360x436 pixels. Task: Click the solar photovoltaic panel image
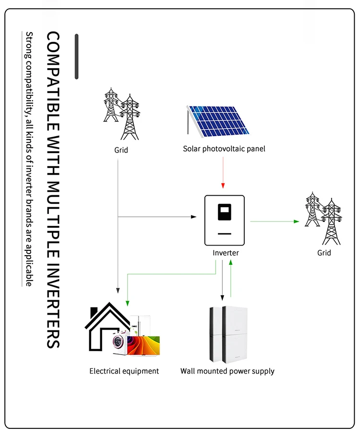pos(218,120)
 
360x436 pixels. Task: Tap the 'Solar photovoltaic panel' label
pos(224,149)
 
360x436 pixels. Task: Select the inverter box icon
pos(225,220)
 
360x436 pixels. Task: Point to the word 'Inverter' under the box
pos(226,253)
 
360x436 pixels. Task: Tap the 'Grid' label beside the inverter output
pos(324,253)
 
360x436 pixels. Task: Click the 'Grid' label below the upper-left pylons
pos(121,150)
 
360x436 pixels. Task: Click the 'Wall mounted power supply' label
pos(228,371)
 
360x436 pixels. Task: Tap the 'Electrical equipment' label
pos(124,371)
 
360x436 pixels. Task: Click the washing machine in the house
pos(120,342)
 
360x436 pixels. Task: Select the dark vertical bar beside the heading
pos(76,56)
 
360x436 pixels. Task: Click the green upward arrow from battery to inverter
pos(231,278)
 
